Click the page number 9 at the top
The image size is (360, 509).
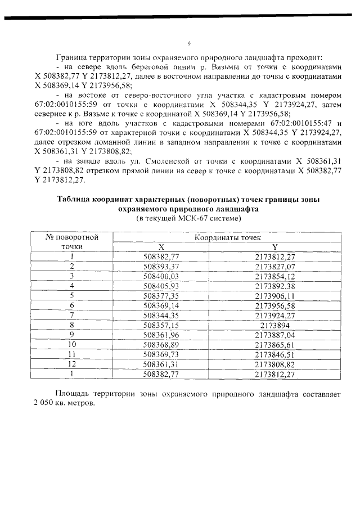click(189, 43)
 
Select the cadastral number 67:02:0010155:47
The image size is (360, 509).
click(297, 132)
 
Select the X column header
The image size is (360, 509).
click(161, 247)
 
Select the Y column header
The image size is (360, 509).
click(275, 247)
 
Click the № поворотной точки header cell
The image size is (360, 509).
click(72, 242)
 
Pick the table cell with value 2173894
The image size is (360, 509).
click(275, 325)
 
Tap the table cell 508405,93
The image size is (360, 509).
click(161, 286)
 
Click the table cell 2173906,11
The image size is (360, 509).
click(275, 295)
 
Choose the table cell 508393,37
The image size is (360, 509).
click(161, 266)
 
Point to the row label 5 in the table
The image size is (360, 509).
click(72, 295)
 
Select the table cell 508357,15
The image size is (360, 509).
click(161, 325)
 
